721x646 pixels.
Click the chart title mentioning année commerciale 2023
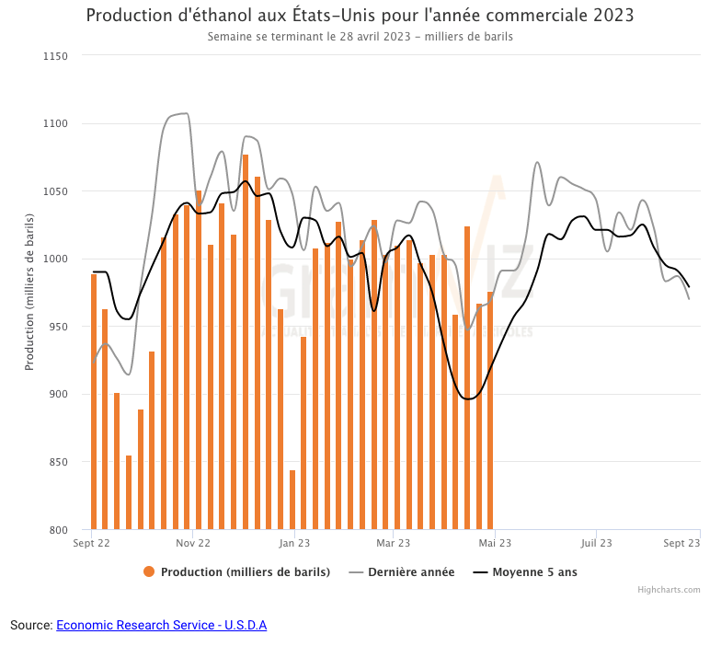point(360,17)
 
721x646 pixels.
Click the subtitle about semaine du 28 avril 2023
point(360,38)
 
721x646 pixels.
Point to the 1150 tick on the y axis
point(56,56)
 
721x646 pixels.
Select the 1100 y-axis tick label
point(56,124)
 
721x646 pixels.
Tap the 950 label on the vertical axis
point(59,327)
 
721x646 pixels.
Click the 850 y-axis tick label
point(59,462)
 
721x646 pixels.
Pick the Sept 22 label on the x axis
point(91,544)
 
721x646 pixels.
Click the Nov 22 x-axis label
point(192,544)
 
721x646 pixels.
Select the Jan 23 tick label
point(293,544)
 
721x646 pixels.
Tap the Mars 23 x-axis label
point(394,544)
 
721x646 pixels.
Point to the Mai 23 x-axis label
point(495,544)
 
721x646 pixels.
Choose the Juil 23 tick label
point(596,544)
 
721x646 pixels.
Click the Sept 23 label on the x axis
point(682,544)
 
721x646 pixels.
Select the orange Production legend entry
point(236,572)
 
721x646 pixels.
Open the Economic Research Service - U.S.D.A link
point(161,626)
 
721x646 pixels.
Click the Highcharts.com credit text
point(669,590)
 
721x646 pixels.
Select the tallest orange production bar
point(246,341)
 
